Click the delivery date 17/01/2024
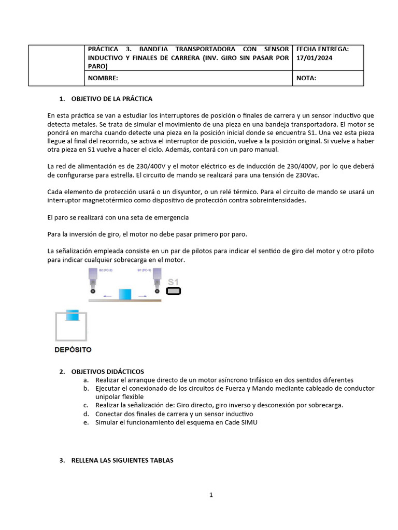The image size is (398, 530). pyautogui.click(x=314, y=58)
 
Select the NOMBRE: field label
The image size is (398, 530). pyautogui.click(x=103, y=78)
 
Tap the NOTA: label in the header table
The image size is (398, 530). pyautogui.click(x=306, y=78)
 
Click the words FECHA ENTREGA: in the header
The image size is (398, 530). pyautogui.click(x=322, y=49)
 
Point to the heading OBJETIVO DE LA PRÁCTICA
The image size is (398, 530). pyautogui.click(x=111, y=98)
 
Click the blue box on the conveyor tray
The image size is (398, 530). pyautogui.click(x=126, y=294)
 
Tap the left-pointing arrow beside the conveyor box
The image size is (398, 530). pyautogui.click(x=107, y=296)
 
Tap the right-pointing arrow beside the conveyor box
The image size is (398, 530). pyautogui.click(x=143, y=296)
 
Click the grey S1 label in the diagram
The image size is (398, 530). pyautogui.click(x=173, y=282)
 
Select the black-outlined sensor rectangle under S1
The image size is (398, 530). pyautogui.click(x=173, y=291)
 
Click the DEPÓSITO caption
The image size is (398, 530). pyautogui.click(x=73, y=349)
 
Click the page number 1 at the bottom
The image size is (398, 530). pyautogui.click(x=211, y=495)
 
